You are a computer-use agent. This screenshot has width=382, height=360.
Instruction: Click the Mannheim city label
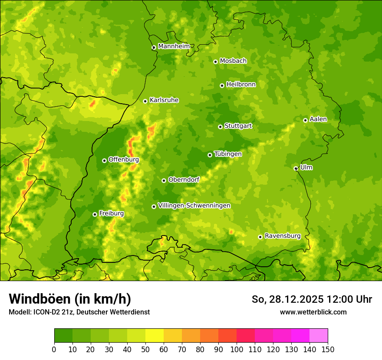pyautogui.click(x=174, y=46)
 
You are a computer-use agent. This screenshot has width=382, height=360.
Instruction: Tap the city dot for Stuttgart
pyautogui.click(x=220, y=127)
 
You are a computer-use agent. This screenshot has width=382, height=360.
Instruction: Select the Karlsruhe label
pyautogui.click(x=164, y=100)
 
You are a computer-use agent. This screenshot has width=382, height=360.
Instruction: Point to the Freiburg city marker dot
pyautogui.click(x=95, y=214)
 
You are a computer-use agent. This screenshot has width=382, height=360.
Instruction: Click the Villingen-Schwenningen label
pyautogui.click(x=194, y=206)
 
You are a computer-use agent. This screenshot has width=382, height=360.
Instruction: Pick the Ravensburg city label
pyautogui.click(x=282, y=236)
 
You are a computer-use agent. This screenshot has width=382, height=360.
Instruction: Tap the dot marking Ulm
pyautogui.click(x=296, y=168)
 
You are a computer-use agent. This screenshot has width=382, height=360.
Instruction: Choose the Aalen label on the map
pyautogui.click(x=318, y=119)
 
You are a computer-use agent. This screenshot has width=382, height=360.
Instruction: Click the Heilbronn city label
pyautogui.click(x=241, y=85)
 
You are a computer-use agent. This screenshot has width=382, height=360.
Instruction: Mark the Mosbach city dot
pyautogui.click(x=215, y=62)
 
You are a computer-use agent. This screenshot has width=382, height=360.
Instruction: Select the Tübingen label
pyautogui.click(x=228, y=154)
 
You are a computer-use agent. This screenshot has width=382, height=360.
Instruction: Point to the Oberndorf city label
pyautogui.click(x=184, y=180)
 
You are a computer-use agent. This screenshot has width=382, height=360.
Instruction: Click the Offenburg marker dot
pyautogui.click(x=104, y=160)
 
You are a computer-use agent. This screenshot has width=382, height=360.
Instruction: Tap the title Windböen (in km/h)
pyautogui.click(x=69, y=299)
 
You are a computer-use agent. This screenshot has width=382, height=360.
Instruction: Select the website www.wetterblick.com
pyautogui.click(x=313, y=312)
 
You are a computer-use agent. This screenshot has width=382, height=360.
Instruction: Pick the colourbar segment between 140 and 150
pyautogui.click(x=319, y=335)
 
